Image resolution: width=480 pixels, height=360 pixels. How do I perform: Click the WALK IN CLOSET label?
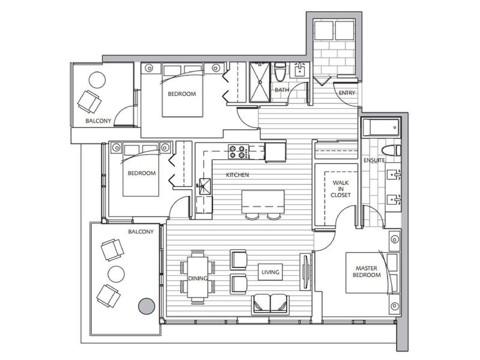click(x=341, y=189)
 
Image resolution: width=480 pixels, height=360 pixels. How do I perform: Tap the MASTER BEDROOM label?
click(x=366, y=272)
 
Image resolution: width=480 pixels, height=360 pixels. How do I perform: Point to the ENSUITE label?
click(x=374, y=160)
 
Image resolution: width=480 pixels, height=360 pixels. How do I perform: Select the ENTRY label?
click(x=347, y=93)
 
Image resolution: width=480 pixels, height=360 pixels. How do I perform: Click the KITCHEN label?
click(x=237, y=175)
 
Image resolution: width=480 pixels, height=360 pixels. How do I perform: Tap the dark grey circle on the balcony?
click(x=147, y=306)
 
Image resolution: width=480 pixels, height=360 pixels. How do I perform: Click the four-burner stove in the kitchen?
click(x=238, y=152)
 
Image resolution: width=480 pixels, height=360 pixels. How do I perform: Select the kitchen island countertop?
click(x=263, y=202)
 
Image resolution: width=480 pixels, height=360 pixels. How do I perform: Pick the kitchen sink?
click(x=204, y=186)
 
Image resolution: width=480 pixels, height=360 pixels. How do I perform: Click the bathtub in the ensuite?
click(x=381, y=127)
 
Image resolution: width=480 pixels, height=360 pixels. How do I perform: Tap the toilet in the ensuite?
click(x=391, y=150)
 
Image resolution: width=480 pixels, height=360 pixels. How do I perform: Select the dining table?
click(x=198, y=277)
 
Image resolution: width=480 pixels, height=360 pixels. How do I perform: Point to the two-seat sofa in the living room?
click(x=270, y=304)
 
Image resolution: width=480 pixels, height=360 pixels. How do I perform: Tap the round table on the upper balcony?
click(x=97, y=80)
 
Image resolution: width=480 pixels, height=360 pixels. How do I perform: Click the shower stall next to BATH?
click(x=260, y=82)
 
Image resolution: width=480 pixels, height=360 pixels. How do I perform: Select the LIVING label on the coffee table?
click(x=270, y=272)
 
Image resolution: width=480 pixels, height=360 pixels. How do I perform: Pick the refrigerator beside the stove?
click(x=276, y=151)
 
